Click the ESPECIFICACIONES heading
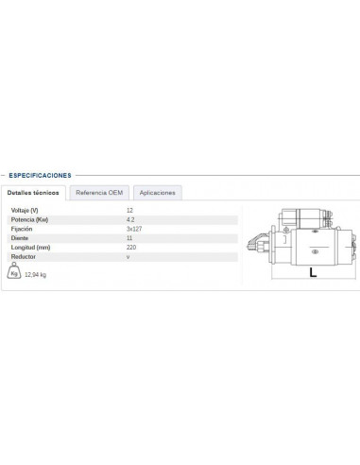pyautogui.click(x=41, y=175)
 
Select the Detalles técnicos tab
pyautogui.click(x=33, y=192)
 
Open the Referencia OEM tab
pyautogui.click(x=99, y=192)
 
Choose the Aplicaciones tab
pyautogui.click(x=157, y=192)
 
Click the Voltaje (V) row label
pyautogui.click(x=26, y=209)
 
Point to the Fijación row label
pyautogui.click(x=21, y=229)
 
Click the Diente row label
pyautogui.click(x=19, y=238)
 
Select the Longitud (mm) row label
pyautogui.click(x=29, y=248)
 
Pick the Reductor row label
pyautogui.click(x=22, y=257)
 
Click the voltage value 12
pyautogui.click(x=129, y=209)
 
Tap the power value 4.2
pyautogui.click(x=129, y=218)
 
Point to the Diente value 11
pyautogui.click(x=129, y=238)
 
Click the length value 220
pyautogui.click(x=130, y=248)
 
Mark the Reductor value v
pyautogui.click(x=128, y=257)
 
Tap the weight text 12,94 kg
pyautogui.click(x=37, y=275)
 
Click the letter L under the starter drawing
pyautogui.click(x=312, y=273)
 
